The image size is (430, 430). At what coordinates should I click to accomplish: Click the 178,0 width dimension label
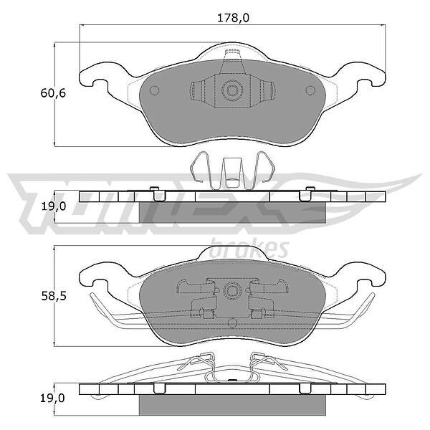(233, 18)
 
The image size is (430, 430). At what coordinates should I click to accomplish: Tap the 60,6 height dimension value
(53, 93)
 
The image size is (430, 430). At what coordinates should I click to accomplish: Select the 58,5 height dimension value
(54, 297)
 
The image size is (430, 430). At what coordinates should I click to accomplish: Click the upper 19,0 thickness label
(54, 206)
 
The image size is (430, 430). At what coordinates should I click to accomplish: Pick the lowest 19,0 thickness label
(52, 398)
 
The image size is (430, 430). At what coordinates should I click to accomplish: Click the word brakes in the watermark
(249, 249)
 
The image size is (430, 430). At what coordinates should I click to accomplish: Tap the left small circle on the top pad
(154, 90)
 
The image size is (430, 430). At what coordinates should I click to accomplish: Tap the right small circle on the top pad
(310, 90)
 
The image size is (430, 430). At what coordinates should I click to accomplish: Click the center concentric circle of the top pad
(232, 90)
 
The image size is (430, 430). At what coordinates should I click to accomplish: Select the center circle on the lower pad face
(232, 291)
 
